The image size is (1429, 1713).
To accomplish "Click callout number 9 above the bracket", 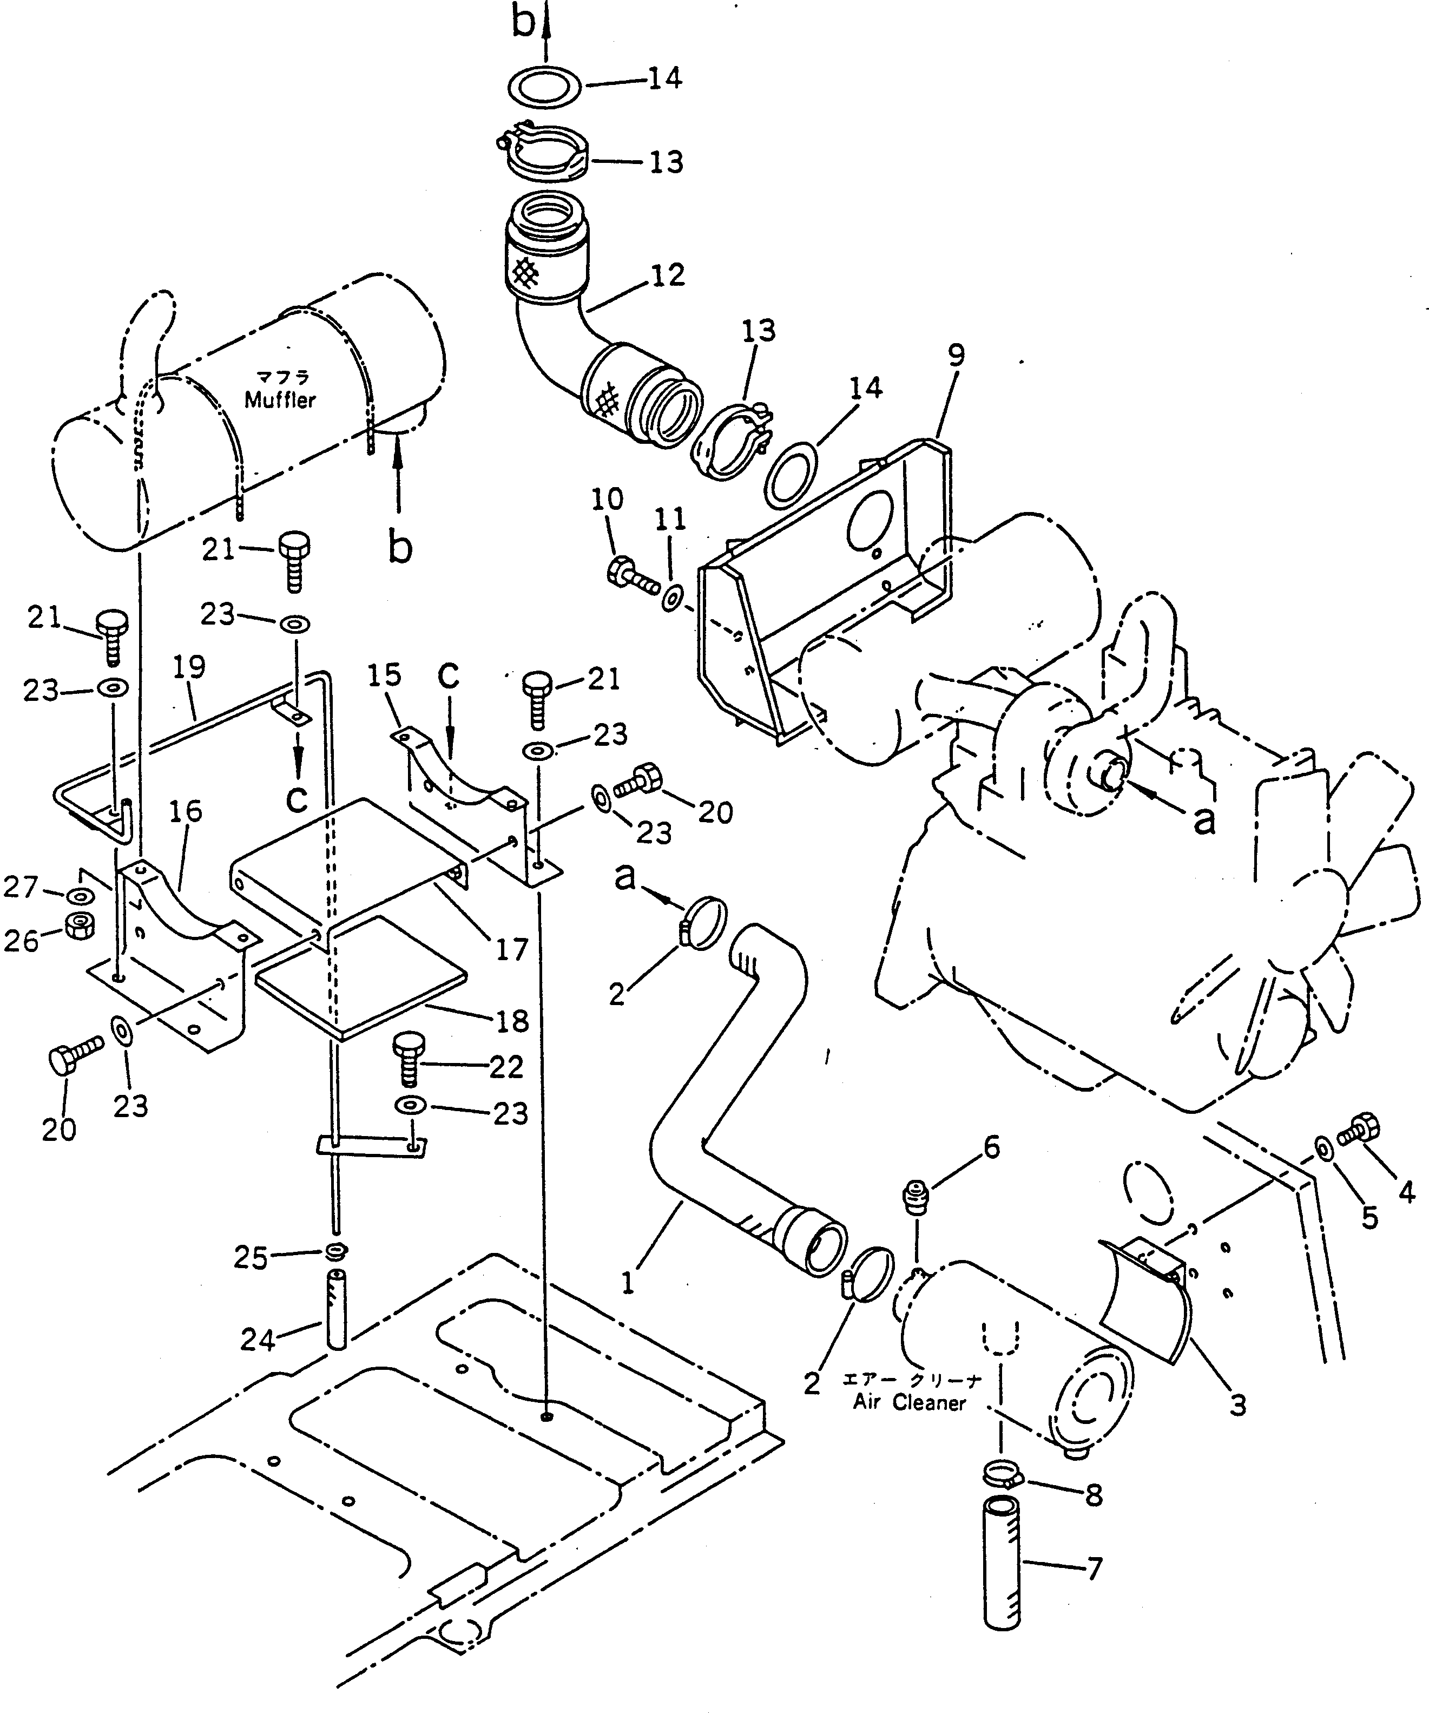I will click(956, 357).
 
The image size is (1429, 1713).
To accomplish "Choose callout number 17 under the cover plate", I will click(512, 949).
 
